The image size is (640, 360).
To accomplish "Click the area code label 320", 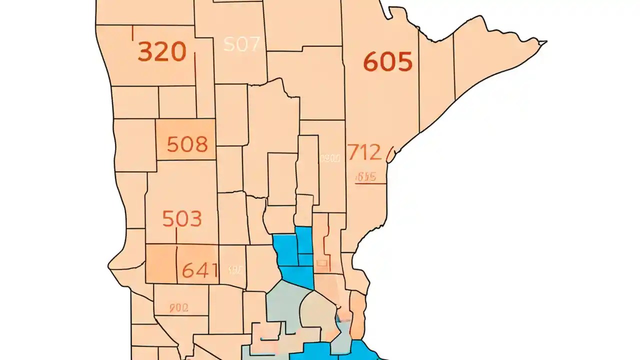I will pos(161,51).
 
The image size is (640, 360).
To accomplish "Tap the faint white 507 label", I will pos(241,44).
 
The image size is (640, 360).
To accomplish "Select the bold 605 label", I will pos(387,62).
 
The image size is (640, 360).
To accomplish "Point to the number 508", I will pos(187,144).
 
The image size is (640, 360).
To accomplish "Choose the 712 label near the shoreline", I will pos(364,152).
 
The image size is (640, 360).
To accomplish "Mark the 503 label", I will pos(182,219).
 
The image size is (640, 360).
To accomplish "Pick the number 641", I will pos(200,270).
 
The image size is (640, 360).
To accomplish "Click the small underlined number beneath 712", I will pos(365,177).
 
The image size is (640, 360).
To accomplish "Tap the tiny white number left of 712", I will pos(330,158).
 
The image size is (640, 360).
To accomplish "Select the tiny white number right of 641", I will pos(235,270).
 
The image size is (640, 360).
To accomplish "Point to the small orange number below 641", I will pos(178,308).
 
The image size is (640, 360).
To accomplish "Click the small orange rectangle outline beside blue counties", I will pos(322,261).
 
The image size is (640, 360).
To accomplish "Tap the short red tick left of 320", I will pos(132,33).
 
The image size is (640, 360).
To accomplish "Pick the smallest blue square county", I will pos(305,259).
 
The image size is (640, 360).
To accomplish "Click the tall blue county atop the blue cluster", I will pos(303,240).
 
